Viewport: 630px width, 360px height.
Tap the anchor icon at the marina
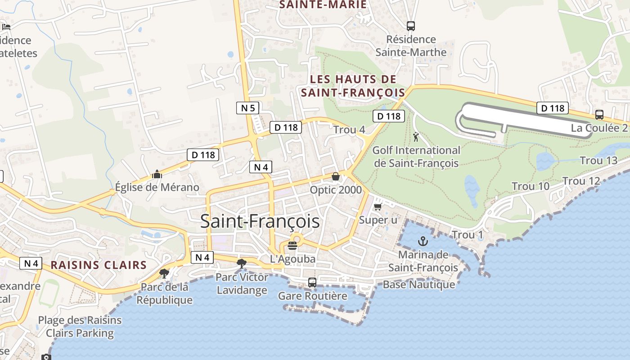pyautogui.click(x=423, y=241)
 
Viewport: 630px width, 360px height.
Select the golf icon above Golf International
pyautogui.click(x=416, y=137)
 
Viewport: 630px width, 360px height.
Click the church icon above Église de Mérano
pyautogui.click(x=157, y=174)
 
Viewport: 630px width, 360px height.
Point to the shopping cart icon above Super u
pyautogui.click(x=378, y=206)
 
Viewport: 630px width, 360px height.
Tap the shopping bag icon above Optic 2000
pyautogui.click(x=335, y=176)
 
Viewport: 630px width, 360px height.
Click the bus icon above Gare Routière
pyautogui.click(x=312, y=283)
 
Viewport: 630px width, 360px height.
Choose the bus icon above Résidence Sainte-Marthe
pyautogui.click(x=410, y=26)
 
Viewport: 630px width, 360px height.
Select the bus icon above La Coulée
pyautogui.click(x=599, y=115)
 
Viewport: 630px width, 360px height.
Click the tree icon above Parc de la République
pyautogui.click(x=164, y=273)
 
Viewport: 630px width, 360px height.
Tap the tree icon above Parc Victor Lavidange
pyautogui.click(x=242, y=263)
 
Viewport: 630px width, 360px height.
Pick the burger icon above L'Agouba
pyautogui.click(x=292, y=246)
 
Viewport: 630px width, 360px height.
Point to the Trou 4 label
pyautogui.click(x=349, y=130)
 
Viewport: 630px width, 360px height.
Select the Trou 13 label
pyautogui.click(x=598, y=161)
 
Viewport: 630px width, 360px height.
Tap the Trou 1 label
pyautogui.click(x=467, y=235)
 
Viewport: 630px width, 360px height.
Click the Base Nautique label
pyautogui.click(x=418, y=284)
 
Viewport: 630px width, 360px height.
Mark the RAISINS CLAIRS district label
pyautogui.click(x=99, y=265)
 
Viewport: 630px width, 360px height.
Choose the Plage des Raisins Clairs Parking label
pyautogui.click(x=80, y=327)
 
